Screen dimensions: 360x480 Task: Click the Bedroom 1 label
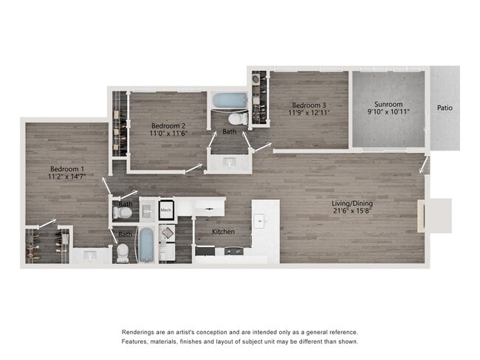point(66,169)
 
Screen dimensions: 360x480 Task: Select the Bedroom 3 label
point(308,105)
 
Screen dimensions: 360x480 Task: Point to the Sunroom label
point(388,104)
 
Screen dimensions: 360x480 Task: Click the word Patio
point(445,108)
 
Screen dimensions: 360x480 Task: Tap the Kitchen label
point(223,232)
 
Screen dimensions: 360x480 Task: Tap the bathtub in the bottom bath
point(146,244)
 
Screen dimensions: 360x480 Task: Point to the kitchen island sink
point(260,220)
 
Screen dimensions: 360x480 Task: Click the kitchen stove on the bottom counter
point(234,252)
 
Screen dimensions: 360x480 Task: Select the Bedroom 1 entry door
point(108,184)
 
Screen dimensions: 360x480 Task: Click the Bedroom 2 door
point(193,169)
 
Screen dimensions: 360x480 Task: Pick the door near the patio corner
point(426,163)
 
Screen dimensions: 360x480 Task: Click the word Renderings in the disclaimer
point(140,331)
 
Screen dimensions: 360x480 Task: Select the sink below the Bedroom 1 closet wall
point(91,255)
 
